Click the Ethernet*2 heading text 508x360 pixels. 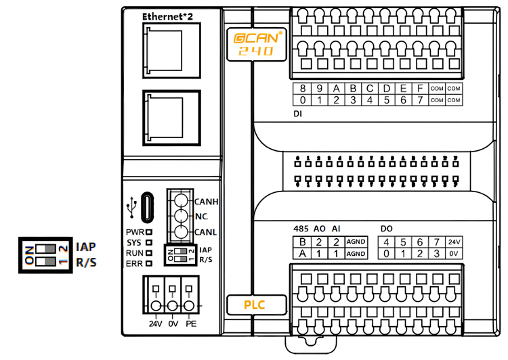171,16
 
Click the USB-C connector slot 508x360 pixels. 147,208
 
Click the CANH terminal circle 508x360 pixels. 181,200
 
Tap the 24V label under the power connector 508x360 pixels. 156,323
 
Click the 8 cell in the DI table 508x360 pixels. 302,89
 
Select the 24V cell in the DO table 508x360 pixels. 453,242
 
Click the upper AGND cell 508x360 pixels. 356,242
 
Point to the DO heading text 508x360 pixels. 387,228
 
